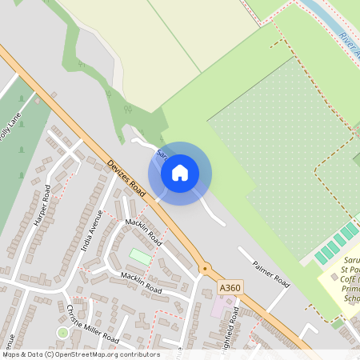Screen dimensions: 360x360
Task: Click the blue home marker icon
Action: [x=180, y=173]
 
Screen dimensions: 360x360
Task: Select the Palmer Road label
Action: [x=270, y=272]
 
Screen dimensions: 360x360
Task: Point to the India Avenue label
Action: [x=91, y=232]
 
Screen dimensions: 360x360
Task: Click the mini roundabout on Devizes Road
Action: [x=205, y=269]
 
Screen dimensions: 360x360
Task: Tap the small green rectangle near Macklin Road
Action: [x=140, y=256]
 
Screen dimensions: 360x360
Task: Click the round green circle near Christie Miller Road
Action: [x=62, y=332]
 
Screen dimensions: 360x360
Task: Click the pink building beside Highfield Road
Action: [x=218, y=306]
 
